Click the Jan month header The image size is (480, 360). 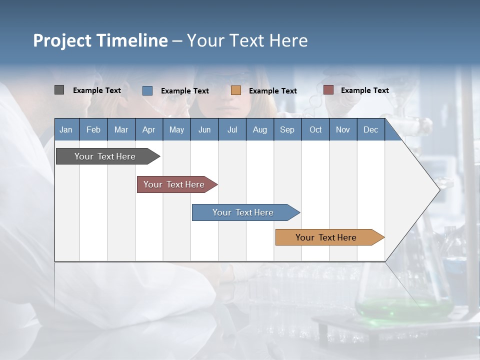pos(66,129)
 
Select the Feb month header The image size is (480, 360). pos(93,129)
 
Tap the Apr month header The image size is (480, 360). pos(148,129)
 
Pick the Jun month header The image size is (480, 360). pos(204,129)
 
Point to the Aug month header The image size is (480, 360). pos(259,129)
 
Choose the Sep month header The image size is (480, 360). pos(287,129)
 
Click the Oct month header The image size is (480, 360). pos(315,129)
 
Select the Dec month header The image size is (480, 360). pos(370,129)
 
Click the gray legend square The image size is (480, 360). pos(59,90)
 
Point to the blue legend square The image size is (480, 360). pos(147,90)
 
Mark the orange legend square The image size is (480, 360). pos(235,90)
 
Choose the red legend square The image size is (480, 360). pos(328,90)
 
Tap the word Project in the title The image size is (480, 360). pos(61,40)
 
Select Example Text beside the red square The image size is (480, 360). pos(364,90)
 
